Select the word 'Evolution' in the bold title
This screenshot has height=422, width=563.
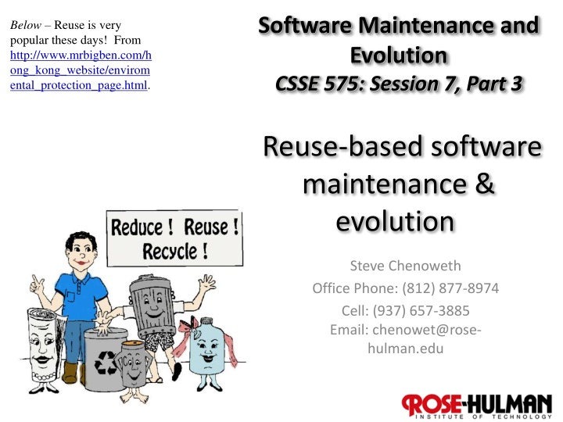click(x=398, y=55)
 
